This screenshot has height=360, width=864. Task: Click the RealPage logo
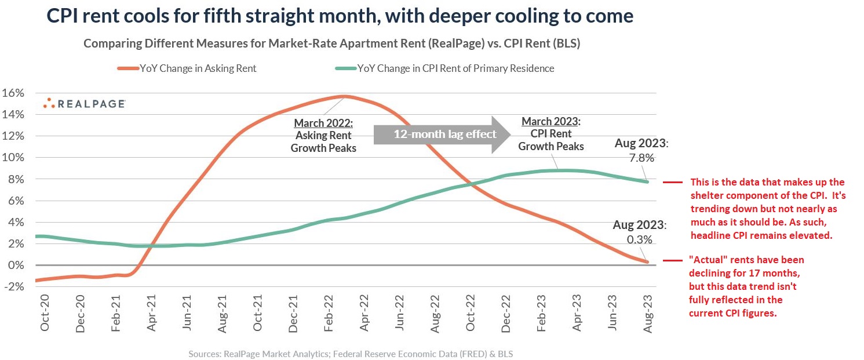[x=85, y=104]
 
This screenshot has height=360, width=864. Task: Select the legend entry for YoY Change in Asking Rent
[x=191, y=68]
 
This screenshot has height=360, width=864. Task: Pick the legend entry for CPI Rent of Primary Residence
[x=446, y=68]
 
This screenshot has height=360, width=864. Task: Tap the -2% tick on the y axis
[x=14, y=286]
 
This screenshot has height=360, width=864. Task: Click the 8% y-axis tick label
[x=16, y=179]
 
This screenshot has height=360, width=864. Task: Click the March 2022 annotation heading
[x=323, y=123]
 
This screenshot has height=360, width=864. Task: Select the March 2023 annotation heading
[x=551, y=121]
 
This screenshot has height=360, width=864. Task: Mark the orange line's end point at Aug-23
[x=647, y=262]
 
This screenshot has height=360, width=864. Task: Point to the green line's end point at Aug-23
[x=647, y=181]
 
